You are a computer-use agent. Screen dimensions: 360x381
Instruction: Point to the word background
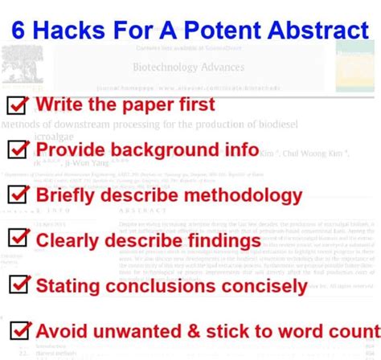pos(163,149)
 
